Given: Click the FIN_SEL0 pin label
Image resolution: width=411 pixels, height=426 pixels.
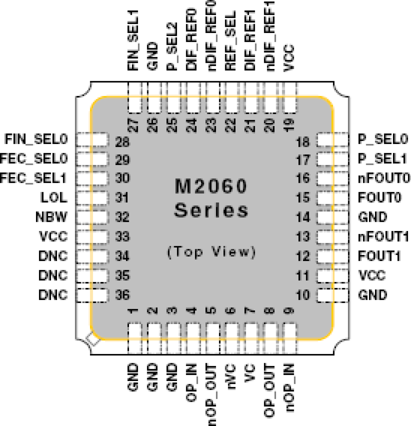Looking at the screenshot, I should click(x=36, y=139).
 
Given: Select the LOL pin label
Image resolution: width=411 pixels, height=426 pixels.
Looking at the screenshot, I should click(x=54, y=198).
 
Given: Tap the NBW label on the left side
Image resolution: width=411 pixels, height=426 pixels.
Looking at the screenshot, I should click(x=51, y=217).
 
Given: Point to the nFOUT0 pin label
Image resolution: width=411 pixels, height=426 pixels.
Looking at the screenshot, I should click(x=384, y=178).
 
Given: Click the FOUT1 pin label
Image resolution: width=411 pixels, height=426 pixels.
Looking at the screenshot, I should click(x=379, y=256).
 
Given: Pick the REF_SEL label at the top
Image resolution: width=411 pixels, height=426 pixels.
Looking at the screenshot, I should click(x=230, y=41).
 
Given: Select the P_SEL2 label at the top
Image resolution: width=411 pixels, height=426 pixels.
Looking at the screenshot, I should click(x=172, y=46).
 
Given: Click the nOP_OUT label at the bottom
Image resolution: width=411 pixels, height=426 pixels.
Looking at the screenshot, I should click(x=211, y=395).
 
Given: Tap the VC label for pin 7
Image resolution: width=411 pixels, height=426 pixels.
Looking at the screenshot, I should click(x=250, y=373).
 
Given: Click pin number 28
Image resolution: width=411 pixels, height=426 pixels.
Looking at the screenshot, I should click(x=122, y=142).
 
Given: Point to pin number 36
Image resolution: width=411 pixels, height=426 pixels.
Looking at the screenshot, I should click(x=122, y=295).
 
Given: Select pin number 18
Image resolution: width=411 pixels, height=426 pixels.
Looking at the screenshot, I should click(x=303, y=142).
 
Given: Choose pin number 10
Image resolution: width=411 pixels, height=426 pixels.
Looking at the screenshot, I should click(x=303, y=295).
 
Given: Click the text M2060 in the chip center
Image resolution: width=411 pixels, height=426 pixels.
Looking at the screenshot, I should click(x=211, y=186).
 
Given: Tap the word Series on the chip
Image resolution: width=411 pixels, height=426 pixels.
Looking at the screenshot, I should click(x=211, y=210).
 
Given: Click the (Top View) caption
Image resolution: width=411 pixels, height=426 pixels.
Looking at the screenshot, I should click(x=211, y=252).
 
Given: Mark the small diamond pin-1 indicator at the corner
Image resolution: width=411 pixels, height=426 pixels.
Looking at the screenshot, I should click(x=93, y=339).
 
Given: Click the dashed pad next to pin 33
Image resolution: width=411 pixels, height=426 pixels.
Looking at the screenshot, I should click(x=92, y=237).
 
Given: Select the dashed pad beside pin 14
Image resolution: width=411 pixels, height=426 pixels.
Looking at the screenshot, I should click(x=332, y=217).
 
